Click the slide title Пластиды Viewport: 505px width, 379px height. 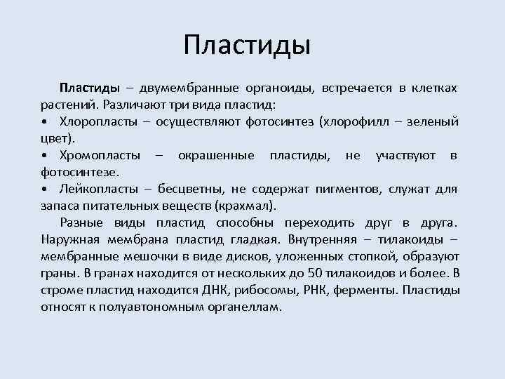tap(246, 45)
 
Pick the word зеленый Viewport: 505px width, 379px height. tap(433, 121)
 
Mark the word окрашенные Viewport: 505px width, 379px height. tap(215, 155)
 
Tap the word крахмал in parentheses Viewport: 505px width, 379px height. tap(247, 206)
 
